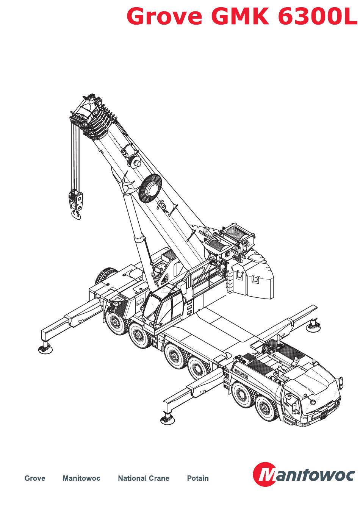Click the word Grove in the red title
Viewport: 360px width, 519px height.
click(164, 16)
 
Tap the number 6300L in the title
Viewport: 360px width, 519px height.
click(318, 16)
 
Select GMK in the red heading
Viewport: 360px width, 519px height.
click(240, 16)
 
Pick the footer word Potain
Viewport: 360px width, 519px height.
click(198, 478)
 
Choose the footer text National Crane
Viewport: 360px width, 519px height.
click(144, 478)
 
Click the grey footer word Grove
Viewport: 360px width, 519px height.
click(35, 478)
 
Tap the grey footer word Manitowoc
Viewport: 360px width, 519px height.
click(81, 478)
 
